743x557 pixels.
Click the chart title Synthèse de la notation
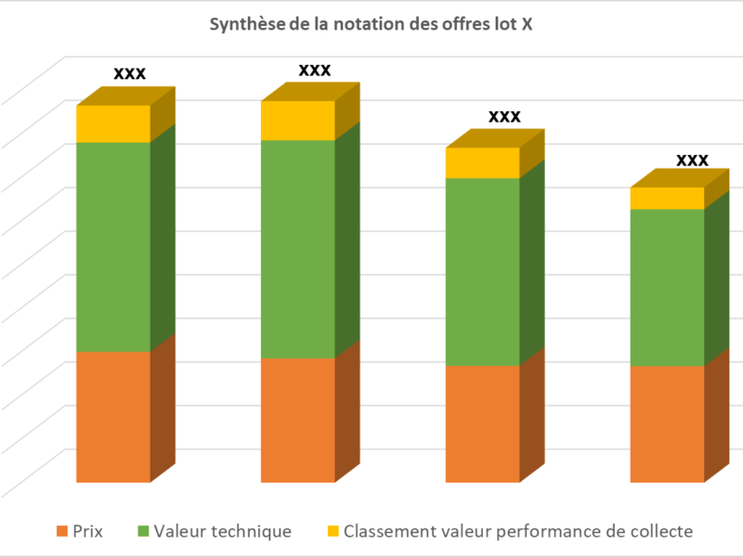pos(371,25)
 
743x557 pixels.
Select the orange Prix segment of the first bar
pos(113,417)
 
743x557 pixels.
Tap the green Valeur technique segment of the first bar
pos(113,247)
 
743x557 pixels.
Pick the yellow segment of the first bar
pos(113,123)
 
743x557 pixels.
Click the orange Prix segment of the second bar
pos(298,420)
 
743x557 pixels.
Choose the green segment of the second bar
pos(298,249)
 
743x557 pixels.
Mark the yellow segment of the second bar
pos(298,121)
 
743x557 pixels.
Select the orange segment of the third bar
pos(483,423)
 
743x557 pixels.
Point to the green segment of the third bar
pos(483,271)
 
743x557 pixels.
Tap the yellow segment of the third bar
pos(483,162)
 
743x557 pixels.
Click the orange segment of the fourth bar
pos(668,423)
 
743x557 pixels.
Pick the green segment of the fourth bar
pos(668,287)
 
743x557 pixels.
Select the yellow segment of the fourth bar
pos(668,198)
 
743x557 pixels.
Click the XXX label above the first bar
pos(129,73)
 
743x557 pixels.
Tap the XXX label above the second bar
pos(315,70)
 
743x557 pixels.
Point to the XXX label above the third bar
pos(504,116)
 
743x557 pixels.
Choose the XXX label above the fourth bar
pos(692,160)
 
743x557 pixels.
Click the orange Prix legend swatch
pos(63,532)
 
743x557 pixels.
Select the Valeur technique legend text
pos(223,532)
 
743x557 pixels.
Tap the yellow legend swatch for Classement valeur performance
pos(332,532)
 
